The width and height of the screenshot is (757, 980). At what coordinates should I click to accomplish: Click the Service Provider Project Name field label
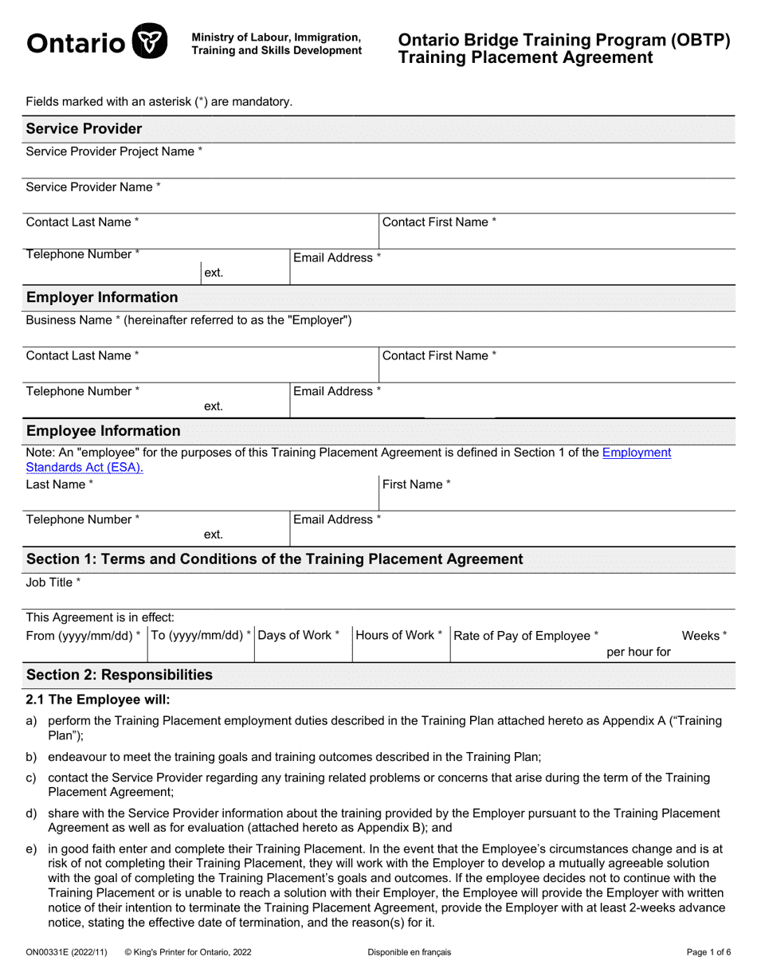pyautogui.click(x=114, y=151)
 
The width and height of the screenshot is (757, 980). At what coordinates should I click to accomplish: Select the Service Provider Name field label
pyautogui.click(x=93, y=186)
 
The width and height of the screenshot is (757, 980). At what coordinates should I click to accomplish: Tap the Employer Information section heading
pyautogui.click(x=102, y=297)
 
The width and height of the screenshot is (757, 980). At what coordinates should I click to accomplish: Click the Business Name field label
pyautogui.click(x=189, y=320)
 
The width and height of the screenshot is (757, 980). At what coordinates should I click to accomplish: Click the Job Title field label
pyautogui.click(x=53, y=582)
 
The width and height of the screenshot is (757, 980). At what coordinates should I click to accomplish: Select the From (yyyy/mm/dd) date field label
pyautogui.click(x=84, y=635)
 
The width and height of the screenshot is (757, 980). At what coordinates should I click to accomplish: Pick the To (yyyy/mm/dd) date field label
pyautogui.click(x=201, y=635)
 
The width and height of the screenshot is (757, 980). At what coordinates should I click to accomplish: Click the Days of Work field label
pyautogui.click(x=299, y=635)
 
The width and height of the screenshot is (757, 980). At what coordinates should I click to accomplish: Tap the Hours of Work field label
pyautogui.click(x=399, y=635)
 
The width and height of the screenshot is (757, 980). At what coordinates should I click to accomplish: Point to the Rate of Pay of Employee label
pyautogui.click(x=526, y=635)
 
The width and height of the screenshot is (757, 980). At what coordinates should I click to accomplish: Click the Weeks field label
pyautogui.click(x=704, y=635)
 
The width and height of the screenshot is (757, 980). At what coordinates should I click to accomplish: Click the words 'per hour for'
pyautogui.click(x=638, y=652)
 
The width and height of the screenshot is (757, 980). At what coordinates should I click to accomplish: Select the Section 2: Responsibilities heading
pyautogui.click(x=120, y=675)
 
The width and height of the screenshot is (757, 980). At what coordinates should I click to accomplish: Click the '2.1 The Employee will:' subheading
pyautogui.click(x=98, y=700)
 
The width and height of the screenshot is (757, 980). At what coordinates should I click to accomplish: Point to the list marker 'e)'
pyautogui.click(x=32, y=850)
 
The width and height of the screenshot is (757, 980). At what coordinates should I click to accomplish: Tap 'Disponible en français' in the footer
pyautogui.click(x=410, y=951)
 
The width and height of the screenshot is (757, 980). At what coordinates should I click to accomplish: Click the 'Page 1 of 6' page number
pyautogui.click(x=708, y=951)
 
